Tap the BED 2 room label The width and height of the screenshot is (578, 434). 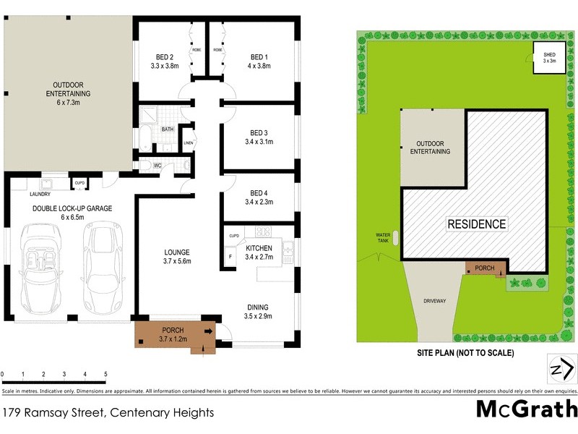click(164, 57)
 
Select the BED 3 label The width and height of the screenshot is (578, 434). click(259, 132)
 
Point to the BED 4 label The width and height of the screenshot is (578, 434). click(259, 193)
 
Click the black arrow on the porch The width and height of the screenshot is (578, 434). click(209, 332)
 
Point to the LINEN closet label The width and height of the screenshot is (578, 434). click(189, 142)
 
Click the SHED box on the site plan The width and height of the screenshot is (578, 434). click(549, 57)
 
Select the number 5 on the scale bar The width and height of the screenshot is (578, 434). click(105, 375)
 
